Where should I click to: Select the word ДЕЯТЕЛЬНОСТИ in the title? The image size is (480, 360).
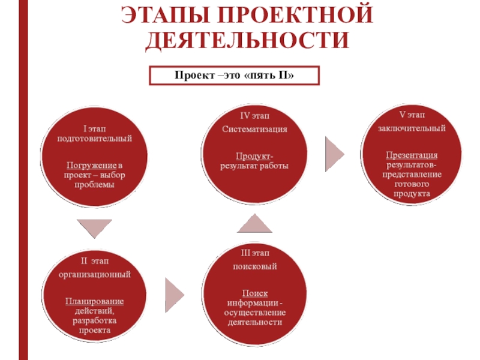tap(247, 40)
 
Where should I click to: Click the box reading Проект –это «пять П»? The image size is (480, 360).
tap(236, 76)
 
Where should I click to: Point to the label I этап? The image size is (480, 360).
tap(95, 128)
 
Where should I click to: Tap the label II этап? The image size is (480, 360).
tap(95, 260)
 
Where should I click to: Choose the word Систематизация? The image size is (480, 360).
tap(254, 129)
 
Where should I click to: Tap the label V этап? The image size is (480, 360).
tap(412, 115)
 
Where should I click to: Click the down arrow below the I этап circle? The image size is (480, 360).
tap(95, 227)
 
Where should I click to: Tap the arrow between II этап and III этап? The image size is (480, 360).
tap(175, 293)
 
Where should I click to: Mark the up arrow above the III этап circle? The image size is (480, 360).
tap(255, 223)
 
